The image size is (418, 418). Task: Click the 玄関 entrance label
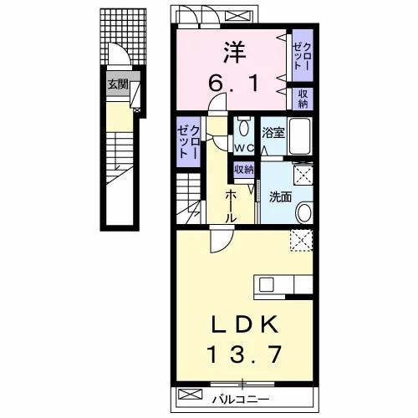pos(118,84)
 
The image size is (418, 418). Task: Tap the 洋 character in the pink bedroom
pos(234,53)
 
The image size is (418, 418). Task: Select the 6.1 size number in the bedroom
pos(234,84)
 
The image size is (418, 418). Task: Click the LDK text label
pos(245,324)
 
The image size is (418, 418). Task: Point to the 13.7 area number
pos(244,354)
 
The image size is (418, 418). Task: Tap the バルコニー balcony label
pos(241,400)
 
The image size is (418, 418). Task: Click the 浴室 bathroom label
pos(273,133)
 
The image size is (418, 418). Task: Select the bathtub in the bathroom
pos(299,136)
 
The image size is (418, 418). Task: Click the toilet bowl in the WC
pos(244,128)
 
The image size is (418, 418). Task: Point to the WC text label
pos(244,149)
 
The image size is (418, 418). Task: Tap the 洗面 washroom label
pos(280,197)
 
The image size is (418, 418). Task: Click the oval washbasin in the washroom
pos(304,213)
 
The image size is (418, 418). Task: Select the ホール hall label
pos(231,206)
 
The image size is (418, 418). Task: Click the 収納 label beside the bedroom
pos(303,98)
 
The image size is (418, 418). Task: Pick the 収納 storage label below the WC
pos(244,169)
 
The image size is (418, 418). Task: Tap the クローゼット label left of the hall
pos(189,141)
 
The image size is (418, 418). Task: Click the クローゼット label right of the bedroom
pos(302,56)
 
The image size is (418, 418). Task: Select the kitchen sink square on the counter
pos(266,285)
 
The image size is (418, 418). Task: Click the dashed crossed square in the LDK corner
pos(301,241)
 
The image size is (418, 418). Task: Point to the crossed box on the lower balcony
pos(190,394)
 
